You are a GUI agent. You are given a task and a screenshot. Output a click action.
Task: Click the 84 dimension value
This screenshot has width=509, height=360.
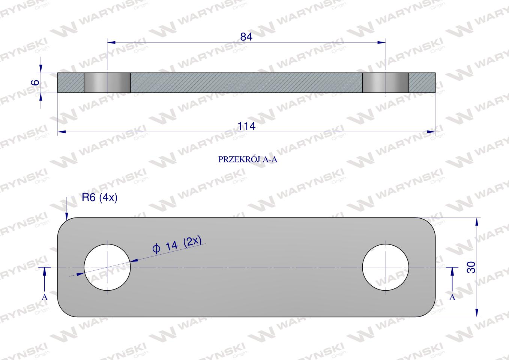246,37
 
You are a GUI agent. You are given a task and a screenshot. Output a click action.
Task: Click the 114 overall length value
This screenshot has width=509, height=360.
246,126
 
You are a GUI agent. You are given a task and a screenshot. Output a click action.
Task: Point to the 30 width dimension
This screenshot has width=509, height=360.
471,267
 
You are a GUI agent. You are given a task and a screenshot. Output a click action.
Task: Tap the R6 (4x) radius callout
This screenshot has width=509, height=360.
99,198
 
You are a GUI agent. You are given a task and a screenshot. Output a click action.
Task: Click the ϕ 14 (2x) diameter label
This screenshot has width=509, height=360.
177,244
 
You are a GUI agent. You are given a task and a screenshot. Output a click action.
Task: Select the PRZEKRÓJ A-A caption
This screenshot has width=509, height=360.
248,159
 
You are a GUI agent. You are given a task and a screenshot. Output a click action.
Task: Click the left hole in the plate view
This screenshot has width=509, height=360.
107,267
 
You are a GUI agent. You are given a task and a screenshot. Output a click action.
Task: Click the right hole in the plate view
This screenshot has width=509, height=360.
386,267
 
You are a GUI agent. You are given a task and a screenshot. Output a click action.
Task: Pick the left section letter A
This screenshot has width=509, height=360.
45,297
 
